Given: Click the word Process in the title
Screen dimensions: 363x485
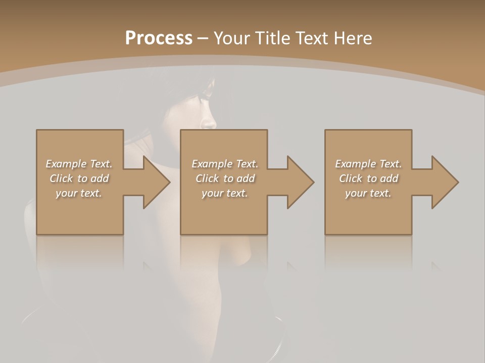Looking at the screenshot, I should pos(159,38).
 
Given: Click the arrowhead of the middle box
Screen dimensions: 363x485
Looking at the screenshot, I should pos(300,182).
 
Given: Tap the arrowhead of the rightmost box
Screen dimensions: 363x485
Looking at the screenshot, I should pos(445,182).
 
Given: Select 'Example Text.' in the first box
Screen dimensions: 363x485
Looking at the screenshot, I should pos(79,164).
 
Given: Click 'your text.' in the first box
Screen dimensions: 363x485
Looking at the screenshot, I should pos(79,193).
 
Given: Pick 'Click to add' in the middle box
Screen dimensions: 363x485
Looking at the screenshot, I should pos(225,178).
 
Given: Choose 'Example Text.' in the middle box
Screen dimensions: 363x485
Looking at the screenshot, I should pos(225,164).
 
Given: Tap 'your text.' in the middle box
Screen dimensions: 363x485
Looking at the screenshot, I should pos(225,193).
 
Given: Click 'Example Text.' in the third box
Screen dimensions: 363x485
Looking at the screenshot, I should pos(368,164).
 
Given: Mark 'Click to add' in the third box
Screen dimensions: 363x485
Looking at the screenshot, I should pos(368,178).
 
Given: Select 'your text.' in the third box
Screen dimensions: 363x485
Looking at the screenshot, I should pos(368,193).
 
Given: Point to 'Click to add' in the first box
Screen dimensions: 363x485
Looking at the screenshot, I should pos(79,178).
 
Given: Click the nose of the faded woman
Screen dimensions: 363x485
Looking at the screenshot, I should pos(209,122).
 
